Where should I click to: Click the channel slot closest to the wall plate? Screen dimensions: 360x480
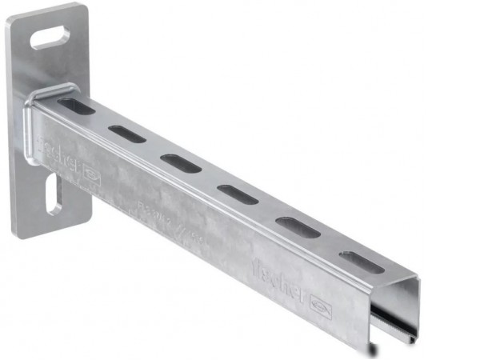(76, 106)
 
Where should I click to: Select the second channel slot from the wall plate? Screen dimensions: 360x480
(127, 134)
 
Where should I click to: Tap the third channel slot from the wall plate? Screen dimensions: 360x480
(179, 162)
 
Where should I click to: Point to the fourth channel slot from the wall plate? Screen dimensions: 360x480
(238, 194)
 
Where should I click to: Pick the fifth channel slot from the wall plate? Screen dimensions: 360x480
(298, 227)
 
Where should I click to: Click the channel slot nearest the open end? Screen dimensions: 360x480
(362, 262)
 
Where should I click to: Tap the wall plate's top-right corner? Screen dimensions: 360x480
(84, 8)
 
